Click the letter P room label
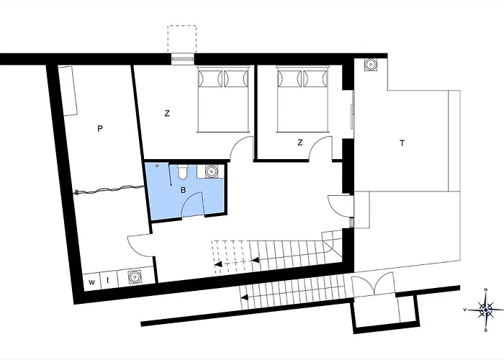100,129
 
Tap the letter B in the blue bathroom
183,190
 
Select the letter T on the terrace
402,143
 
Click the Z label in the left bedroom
167,114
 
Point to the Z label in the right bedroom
300,143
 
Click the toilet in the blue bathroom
183,171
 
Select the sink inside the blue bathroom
211,171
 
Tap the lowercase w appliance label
92,282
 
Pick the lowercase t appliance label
108,280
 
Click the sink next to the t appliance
134,276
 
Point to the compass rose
486,310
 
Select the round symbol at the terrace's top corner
371,65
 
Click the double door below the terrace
374,284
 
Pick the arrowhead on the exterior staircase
245,297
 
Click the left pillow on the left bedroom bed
210,78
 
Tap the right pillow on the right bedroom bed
315,78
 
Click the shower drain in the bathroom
157,166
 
